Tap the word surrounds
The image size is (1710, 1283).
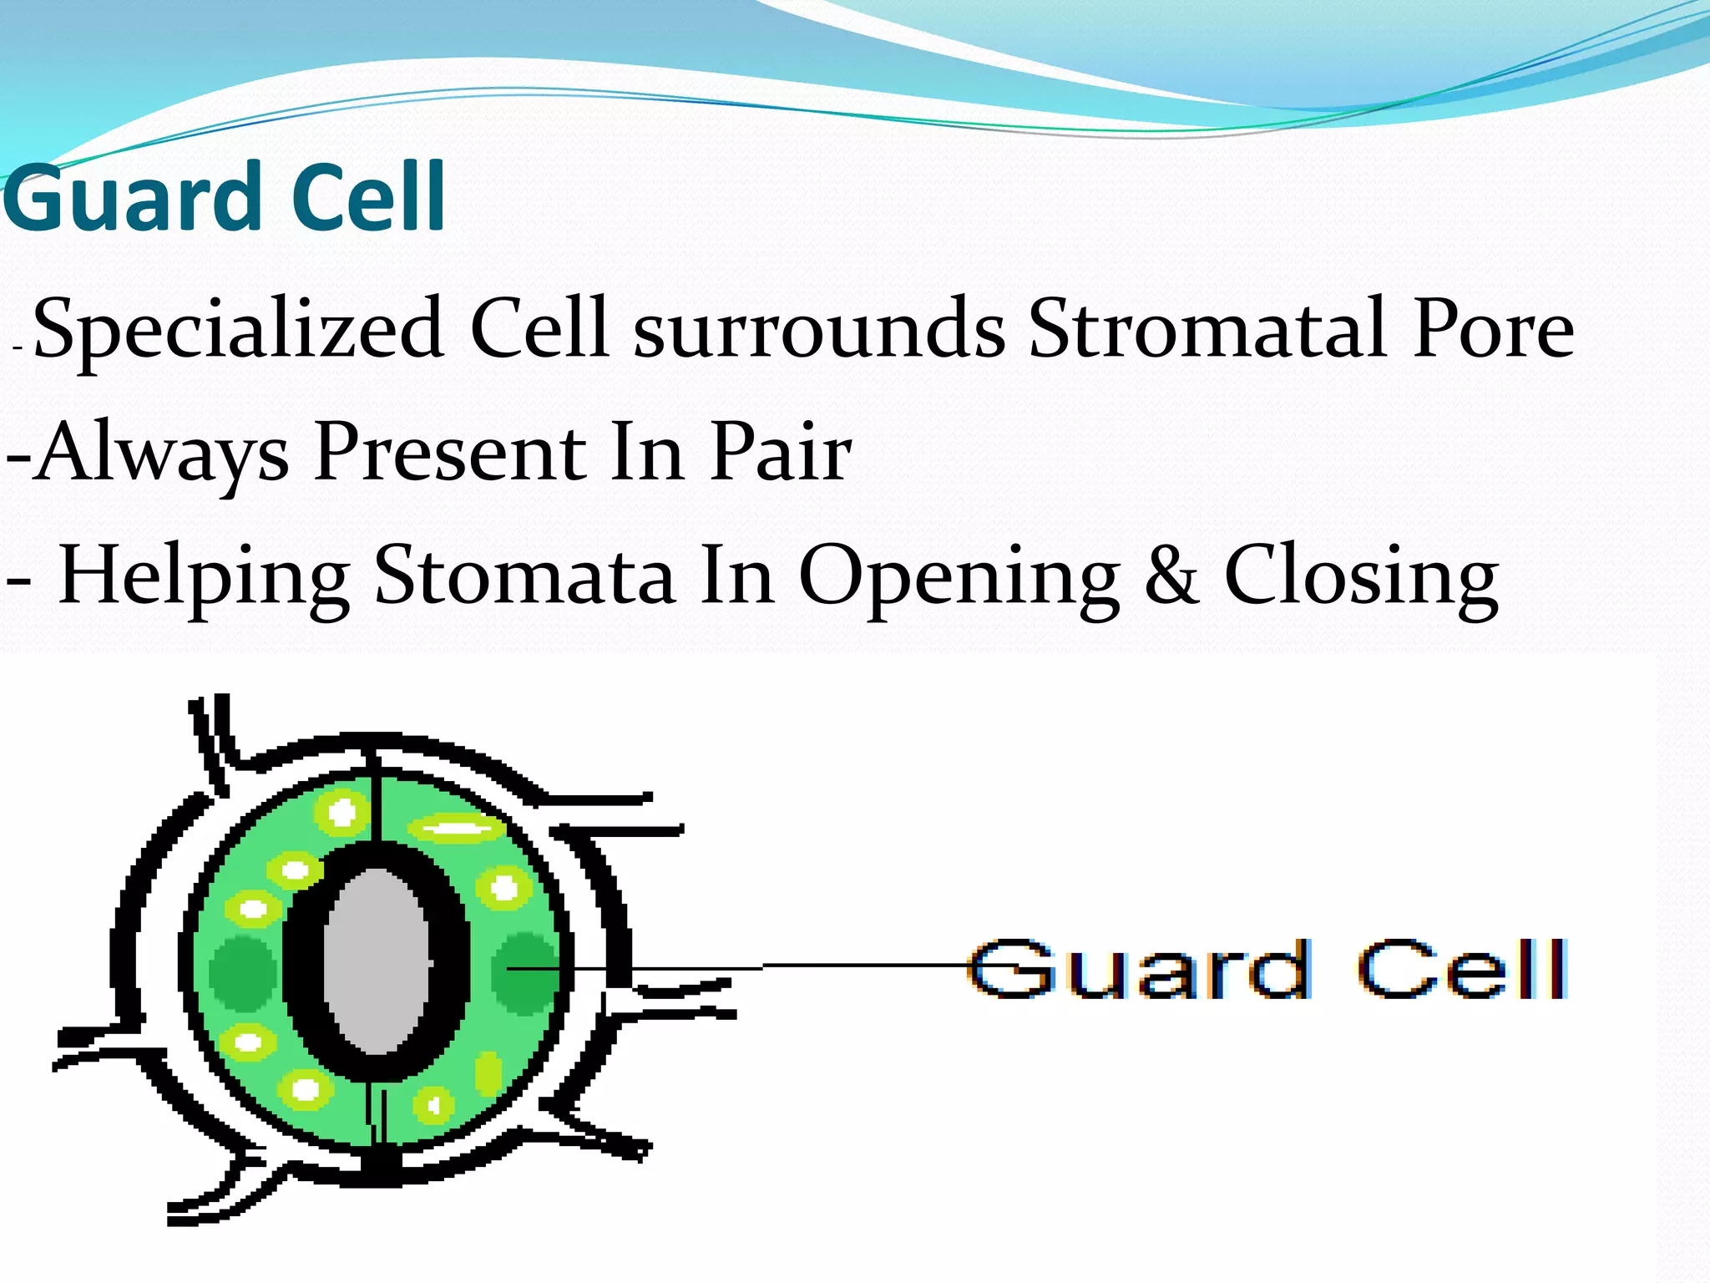point(819,328)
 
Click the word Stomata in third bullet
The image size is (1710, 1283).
point(524,576)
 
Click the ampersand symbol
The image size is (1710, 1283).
point(1171,576)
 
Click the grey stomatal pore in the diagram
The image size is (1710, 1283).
point(377,961)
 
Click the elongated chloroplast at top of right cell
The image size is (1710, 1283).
point(456,829)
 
